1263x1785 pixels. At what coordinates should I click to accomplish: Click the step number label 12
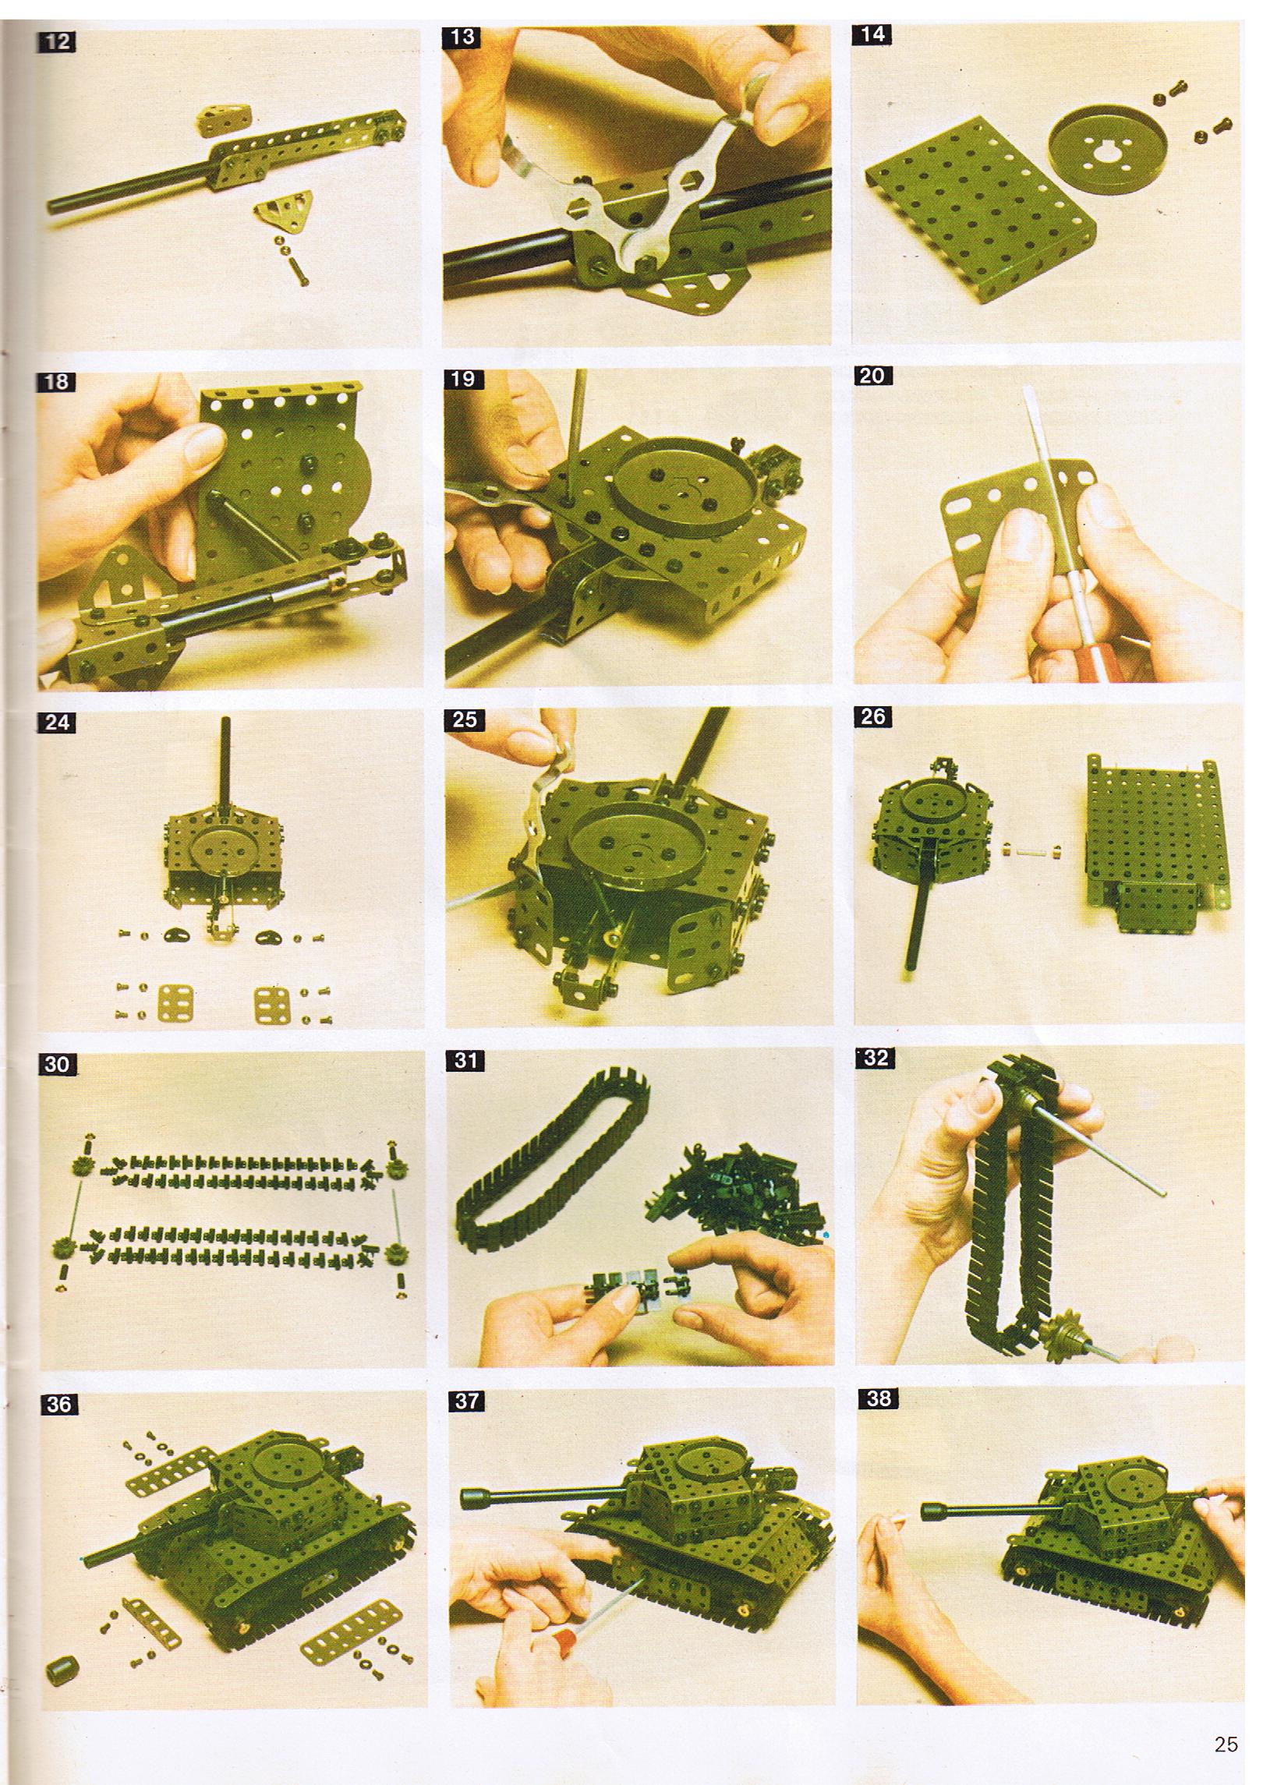pos(56,41)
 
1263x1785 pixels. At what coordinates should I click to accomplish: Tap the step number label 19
pos(464,379)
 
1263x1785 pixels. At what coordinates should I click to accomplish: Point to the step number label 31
pos(465,1060)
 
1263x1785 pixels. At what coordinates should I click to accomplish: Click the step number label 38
pos(878,1398)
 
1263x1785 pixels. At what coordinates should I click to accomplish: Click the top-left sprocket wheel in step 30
pos(79,1168)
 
